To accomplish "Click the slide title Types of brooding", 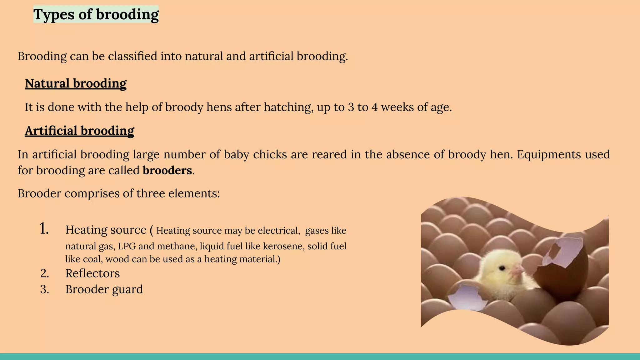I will [96, 14].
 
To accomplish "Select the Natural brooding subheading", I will [76, 83].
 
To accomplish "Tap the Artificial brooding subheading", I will [79, 131].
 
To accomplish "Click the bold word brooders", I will [167, 170].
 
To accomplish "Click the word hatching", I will [288, 107].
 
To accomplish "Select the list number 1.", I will [44, 229].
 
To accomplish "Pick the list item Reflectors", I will [92, 273].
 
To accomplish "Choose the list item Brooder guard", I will [104, 289].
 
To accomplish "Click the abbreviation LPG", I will [127, 246].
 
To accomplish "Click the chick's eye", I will [502, 268].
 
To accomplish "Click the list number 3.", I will [45, 289].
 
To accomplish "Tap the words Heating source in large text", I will [106, 230].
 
